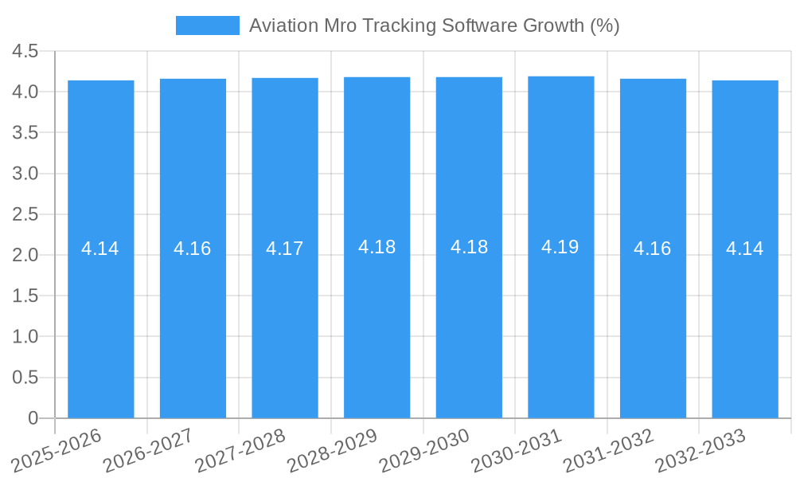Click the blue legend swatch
[x=207, y=25]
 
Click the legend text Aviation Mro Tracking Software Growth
[x=434, y=25]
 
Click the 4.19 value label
[x=560, y=247]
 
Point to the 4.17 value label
[x=284, y=249]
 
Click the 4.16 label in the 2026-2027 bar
[x=193, y=249]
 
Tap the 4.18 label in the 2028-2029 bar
[x=377, y=247]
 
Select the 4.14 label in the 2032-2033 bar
[x=744, y=249]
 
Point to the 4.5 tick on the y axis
[x=25, y=51]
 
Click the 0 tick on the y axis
[x=33, y=417]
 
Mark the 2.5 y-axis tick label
[x=25, y=214]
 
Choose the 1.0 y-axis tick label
[x=25, y=336]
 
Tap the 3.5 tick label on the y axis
[x=25, y=132]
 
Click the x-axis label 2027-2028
[x=241, y=449]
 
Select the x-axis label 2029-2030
[x=424, y=449]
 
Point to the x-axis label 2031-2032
[x=608, y=449]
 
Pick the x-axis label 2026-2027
[x=149, y=449]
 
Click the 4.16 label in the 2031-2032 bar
[x=653, y=249]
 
